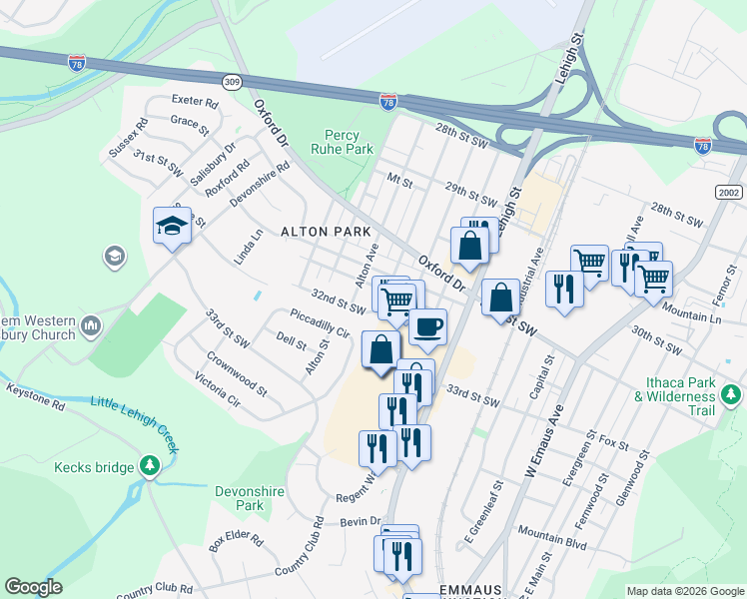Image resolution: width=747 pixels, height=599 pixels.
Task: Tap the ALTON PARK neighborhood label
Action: (326, 232)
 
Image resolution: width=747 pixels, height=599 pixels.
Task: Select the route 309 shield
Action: (233, 81)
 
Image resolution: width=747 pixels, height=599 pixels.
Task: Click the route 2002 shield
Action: (729, 191)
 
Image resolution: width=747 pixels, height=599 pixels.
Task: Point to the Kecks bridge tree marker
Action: (150, 465)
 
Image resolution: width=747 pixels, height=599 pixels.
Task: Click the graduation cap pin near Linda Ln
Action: (172, 226)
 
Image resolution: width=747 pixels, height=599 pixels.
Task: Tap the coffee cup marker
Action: (427, 326)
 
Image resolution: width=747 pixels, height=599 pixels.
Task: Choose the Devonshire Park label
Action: (241, 498)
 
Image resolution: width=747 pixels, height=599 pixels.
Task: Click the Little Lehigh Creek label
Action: (135, 423)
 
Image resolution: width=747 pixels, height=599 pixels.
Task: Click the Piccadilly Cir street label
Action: (320, 324)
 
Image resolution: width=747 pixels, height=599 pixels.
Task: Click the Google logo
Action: (33, 586)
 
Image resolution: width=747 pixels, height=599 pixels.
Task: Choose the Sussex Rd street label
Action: (129, 138)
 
